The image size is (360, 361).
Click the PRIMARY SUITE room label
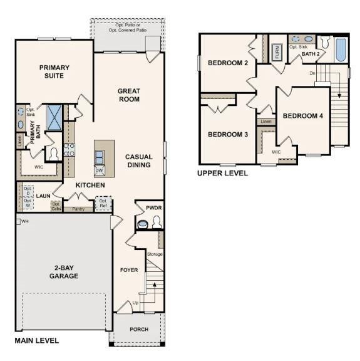(x=54, y=71)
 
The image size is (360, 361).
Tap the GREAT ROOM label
(x=128, y=95)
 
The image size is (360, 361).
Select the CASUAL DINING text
(x=138, y=161)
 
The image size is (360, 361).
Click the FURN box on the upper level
(x=277, y=52)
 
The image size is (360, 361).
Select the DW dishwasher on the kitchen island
(x=100, y=170)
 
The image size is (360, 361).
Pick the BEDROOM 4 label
(x=303, y=116)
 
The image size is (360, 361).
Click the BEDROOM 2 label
(x=228, y=63)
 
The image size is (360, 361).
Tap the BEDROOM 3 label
(x=228, y=134)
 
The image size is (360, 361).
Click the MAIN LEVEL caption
(x=37, y=341)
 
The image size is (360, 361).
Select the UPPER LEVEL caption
(x=222, y=173)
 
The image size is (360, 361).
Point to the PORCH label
(x=139, y=329)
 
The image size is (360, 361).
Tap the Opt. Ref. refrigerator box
(x=103, y=203)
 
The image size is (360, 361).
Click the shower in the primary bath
(x=54, y=117)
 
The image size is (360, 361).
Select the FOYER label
(x=129, y=270)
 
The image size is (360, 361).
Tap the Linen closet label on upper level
(x=265, y=121)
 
